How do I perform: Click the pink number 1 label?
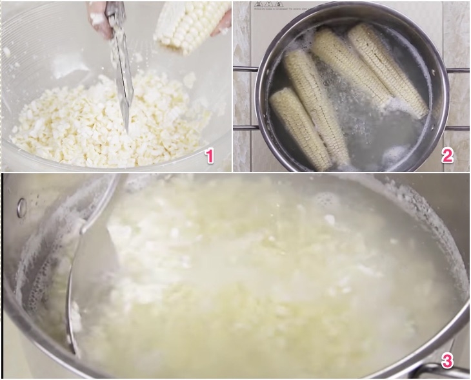pos(208,155)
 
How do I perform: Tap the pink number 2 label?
pos(448,155)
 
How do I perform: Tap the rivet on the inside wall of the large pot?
pos(22,207)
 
